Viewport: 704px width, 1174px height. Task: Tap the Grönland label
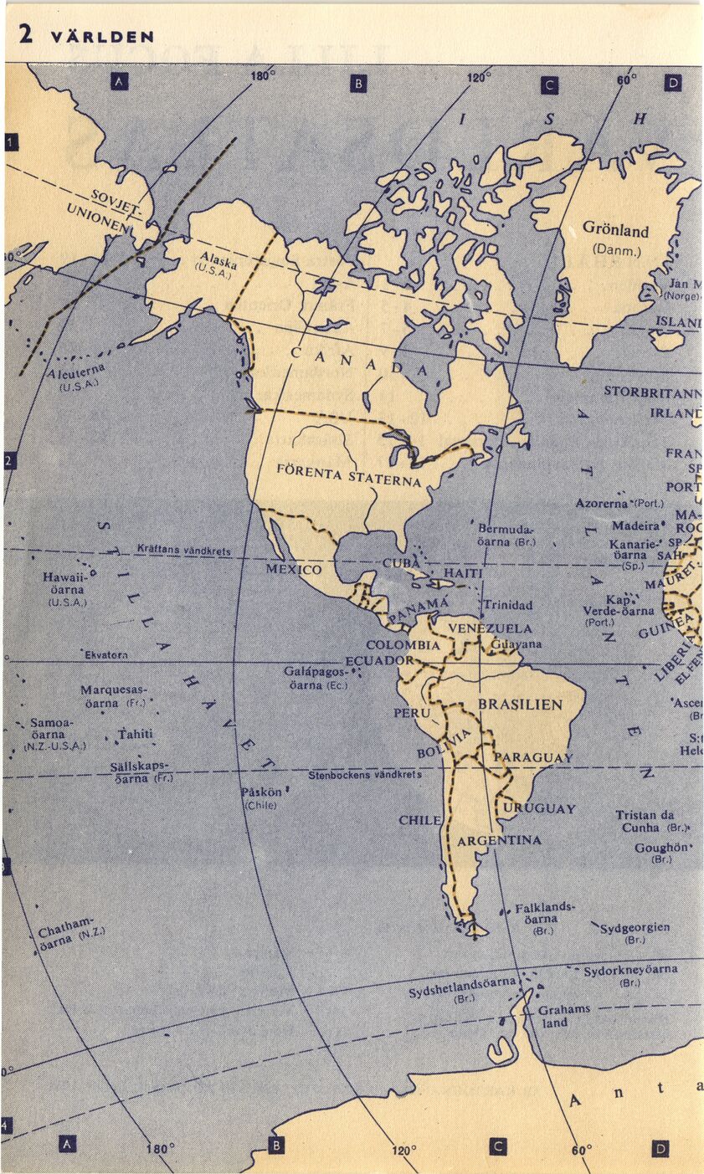(615, 229)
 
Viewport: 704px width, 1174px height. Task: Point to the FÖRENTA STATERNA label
(349, 474)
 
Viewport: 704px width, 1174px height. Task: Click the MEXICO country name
(294, 570)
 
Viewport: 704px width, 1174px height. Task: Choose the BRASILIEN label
(520, 705)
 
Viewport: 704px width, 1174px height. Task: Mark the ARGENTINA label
(500, 840)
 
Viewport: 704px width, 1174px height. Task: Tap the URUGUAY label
(540, 808)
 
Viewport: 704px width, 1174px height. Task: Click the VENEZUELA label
(490, 628)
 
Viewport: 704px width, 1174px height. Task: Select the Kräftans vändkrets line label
(183, 551)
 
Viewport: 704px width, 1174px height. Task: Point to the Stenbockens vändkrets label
(365, 775)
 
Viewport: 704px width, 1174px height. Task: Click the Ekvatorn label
(105, 654)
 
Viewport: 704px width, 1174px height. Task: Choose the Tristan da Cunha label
(645, 821)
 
